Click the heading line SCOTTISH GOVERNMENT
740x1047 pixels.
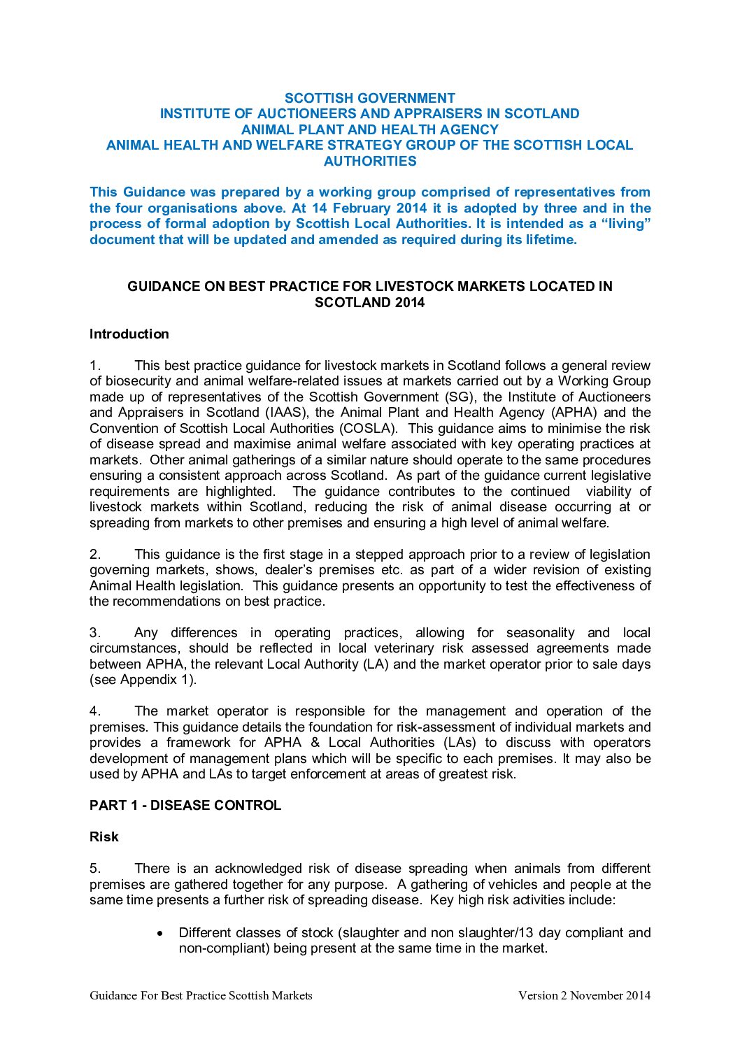coord(369,98)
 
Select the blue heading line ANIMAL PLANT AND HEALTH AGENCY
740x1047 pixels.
coord(369,129)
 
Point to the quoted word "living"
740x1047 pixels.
coord(626,224)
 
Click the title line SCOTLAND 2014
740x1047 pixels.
coord(369,302)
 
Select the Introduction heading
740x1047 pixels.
coord(129,334)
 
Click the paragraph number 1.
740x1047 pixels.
coord(95,365)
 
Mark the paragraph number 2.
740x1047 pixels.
coord(95,554)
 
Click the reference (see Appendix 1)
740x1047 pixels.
coord(143,680)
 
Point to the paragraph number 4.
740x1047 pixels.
coord(95,711)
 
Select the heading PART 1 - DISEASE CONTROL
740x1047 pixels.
coord(185,805)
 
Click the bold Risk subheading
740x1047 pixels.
coord(104,836)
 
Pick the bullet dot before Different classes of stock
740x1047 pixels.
coord(161,933)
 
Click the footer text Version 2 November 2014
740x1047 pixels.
coord(584,995)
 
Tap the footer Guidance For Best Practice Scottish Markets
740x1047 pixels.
coord(201,995)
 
